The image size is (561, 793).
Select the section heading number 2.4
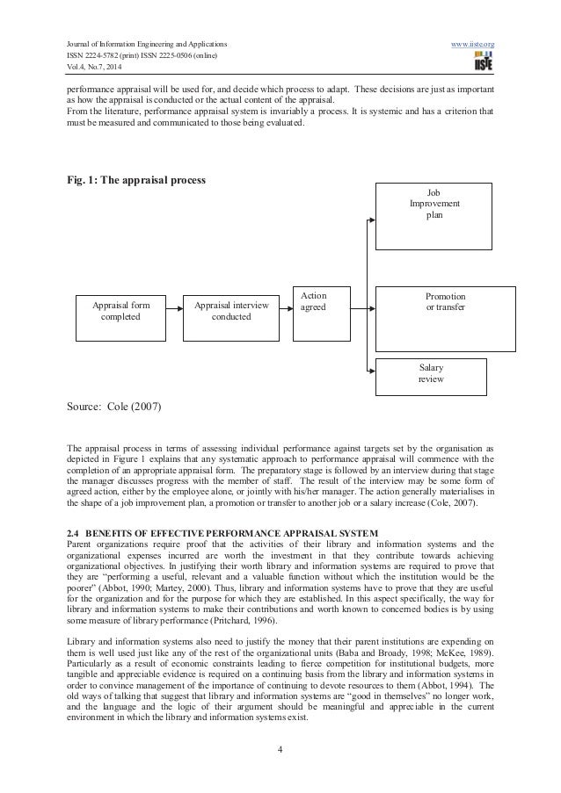pyautogui.click(x=75, y=510)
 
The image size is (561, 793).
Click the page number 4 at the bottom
pyautogui.click(x=280, y=749)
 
